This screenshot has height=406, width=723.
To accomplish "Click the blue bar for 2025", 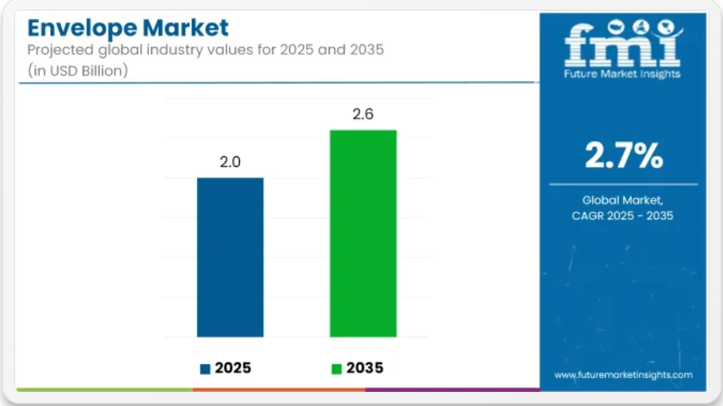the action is click(x=230, y=258).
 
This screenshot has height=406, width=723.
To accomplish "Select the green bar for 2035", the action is click(x=363, y=233).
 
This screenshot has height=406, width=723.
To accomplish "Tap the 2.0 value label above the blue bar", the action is click(x=230, y=162).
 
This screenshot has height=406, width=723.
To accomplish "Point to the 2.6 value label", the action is click(x=363, y=114).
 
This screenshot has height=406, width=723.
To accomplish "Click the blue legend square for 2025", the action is click(x=205, y=368).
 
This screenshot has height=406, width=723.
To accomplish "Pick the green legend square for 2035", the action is click(x=336, y=368).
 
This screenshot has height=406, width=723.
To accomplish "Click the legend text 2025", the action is click(x=233, y=368).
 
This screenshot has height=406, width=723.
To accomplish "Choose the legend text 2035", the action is click(x=364, y=368).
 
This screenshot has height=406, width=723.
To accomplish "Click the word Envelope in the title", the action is click(x=82, y=29).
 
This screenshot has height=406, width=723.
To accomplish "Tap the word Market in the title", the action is click(x=185, y=28).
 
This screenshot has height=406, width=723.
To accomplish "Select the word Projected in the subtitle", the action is click(x=60, y=50).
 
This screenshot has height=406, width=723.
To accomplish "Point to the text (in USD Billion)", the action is click(x=77, y=71).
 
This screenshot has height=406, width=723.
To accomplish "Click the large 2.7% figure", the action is click(x=624, y=155).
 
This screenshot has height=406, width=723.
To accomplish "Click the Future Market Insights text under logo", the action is click(x=622, y=74).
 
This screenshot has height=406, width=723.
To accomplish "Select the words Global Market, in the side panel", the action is click(x=623, y=200).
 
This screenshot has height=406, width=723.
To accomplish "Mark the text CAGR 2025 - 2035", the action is click(x=623, y=216).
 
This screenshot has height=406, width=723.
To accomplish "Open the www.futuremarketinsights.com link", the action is click(x=623, y=375).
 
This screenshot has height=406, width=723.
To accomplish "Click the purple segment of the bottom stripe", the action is click(x=452, y=390).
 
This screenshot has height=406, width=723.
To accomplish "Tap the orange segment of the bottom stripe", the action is click(x=279, y=390).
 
